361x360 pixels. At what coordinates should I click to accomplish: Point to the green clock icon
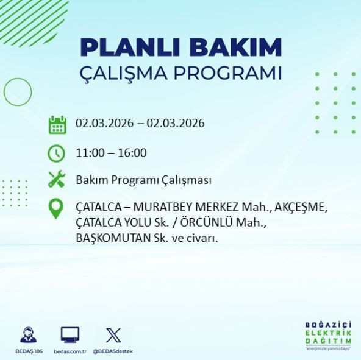[x=57, y=152]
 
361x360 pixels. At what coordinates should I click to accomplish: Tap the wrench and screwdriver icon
[x=57, y=180]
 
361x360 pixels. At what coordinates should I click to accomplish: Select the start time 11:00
[x=89, y=152]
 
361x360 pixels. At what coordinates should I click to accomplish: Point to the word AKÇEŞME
[x=299, y=207]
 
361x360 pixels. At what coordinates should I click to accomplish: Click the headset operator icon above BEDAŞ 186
[x=28, y=335]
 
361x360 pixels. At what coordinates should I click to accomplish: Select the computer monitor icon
[x=70, y=335]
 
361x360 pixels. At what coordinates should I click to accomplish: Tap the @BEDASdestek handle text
[x=113, y=351]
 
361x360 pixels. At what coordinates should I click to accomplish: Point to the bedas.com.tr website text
[x=70, y=351]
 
